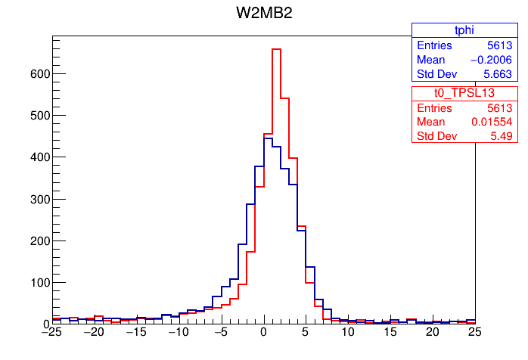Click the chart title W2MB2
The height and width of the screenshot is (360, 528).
coord(264,14)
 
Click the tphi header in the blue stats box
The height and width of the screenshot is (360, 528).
coord(463,30)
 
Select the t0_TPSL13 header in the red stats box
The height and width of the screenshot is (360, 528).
coord(463,92)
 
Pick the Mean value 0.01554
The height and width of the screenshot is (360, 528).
coord(491,122)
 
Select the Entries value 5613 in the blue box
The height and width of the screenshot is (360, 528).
coord(500,45)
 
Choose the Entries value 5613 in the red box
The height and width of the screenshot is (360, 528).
coord(500,107)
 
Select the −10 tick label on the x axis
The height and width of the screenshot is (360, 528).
coord(178,331)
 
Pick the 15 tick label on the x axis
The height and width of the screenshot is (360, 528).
coord(390,331)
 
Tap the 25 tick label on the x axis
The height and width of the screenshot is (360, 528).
coord(474,331)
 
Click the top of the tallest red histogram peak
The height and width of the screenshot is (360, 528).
coord(275,49)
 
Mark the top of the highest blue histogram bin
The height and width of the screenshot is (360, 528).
coord(267,138)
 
